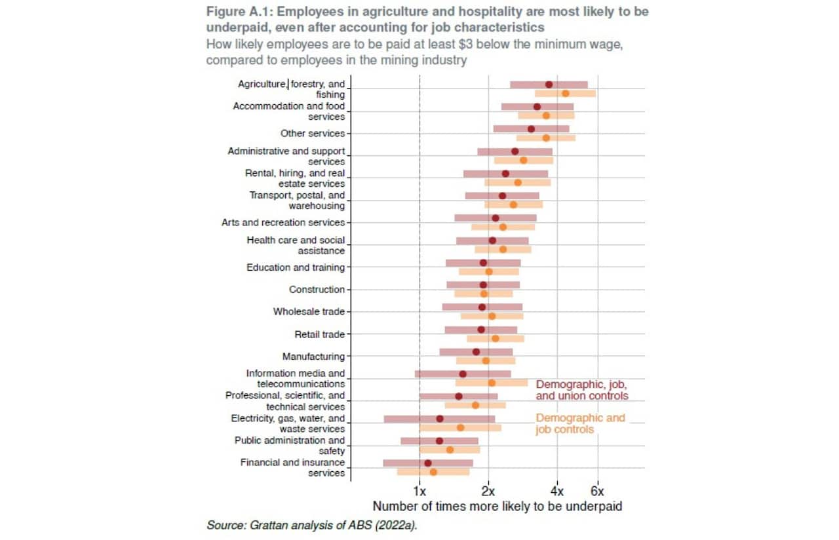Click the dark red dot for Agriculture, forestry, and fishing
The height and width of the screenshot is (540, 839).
click(549, 85)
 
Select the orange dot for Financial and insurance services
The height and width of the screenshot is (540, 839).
click(433, 472)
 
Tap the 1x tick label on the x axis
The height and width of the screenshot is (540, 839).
click(419, 492)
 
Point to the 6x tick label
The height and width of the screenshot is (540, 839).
click(597, 492)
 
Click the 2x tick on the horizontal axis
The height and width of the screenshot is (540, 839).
click(488, 492)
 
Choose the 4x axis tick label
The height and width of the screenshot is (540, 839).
click(556, 492)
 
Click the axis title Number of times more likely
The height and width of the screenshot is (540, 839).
click(497, 507)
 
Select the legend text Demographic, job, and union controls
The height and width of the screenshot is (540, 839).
click(581, 390)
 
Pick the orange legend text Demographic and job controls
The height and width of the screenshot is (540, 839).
click(580, 423)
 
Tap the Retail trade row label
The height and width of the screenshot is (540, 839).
click(319, 334)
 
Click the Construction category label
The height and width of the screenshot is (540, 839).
click(317, 290)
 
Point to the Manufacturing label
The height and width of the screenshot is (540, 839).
click(313, 357)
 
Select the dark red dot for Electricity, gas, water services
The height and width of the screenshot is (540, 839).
click(440, 419)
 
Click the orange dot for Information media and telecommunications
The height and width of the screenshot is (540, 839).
click(492, 383)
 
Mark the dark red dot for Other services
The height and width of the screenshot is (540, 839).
click(531, 129)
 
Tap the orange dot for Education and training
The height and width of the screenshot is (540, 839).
click(488, 271)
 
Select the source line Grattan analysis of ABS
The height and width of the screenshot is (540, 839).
click(311, 525)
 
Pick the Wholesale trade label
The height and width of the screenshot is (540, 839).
click(309, 312)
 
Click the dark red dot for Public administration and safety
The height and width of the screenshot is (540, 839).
click(439, 441)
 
